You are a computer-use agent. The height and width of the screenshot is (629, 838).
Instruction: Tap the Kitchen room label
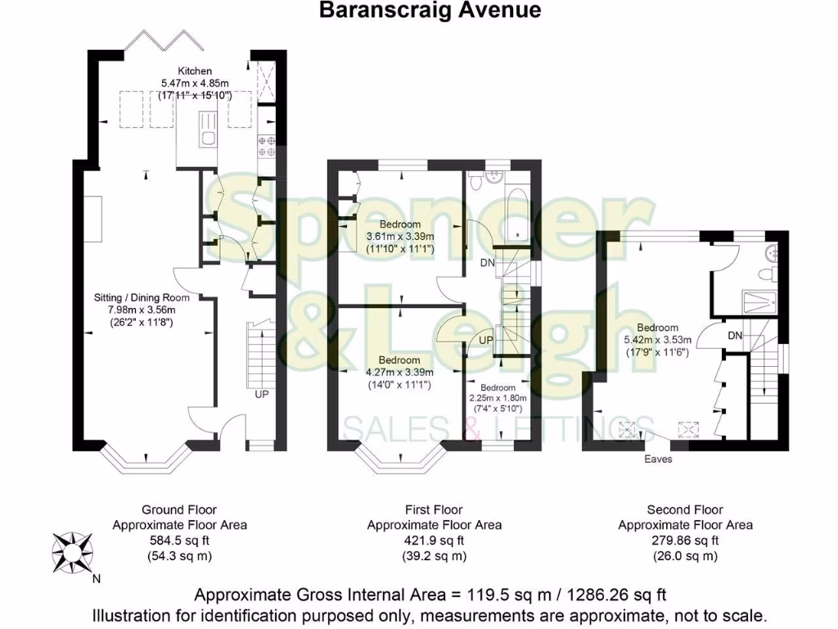[x=195, y=71]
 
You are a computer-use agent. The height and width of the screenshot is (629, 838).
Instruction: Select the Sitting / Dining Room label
[x=142, y=297]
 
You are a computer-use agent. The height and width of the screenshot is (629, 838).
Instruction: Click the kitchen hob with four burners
[x=267, y=146]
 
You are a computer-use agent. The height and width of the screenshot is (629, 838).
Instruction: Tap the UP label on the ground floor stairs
[x=262, y=394]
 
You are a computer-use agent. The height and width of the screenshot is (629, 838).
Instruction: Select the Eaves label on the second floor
[x=657, y=459]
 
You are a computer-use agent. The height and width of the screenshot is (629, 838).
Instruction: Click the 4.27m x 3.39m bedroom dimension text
[x=400, y=372]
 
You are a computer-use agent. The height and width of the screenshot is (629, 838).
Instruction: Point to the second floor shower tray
[x=758, y=301]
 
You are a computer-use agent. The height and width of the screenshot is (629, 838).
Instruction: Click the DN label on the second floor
[x=735, y=336]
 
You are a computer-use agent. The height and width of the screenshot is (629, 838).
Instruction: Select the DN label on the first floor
[x=487, y=263]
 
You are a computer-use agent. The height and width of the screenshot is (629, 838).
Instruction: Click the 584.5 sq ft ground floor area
[x=179, y=540]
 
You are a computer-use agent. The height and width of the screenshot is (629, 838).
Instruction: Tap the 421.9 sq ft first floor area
[x=434, y=540]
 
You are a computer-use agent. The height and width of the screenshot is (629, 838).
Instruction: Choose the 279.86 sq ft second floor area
[x=685, y=540]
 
